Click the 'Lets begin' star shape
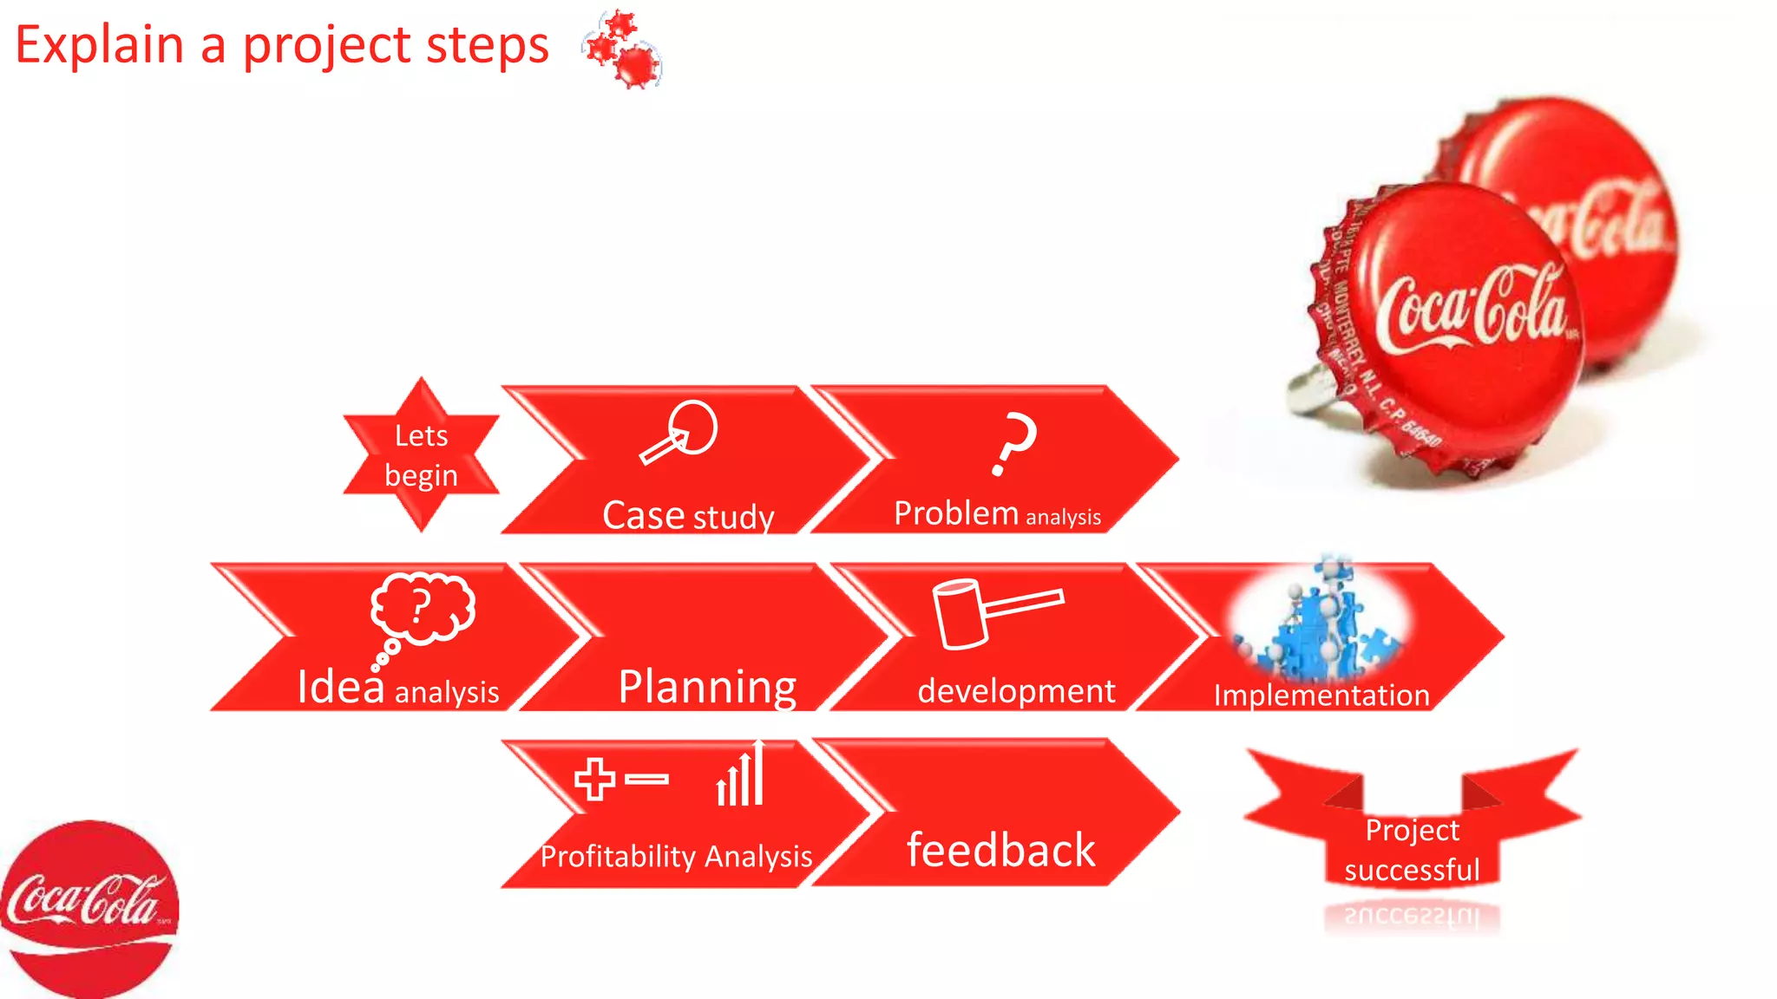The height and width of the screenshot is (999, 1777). click(x=421, y=454)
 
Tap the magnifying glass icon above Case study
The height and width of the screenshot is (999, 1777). click(x=681, y=431)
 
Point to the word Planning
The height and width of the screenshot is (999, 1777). click(x=707, y=687)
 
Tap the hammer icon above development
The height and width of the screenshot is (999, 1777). click(x=989, y=612)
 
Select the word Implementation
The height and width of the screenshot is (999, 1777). click(x=1321, y=695)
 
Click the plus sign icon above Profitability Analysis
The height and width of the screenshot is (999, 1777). click(x=595, y=779)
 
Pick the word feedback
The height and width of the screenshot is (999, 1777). click(x=1000, y=850)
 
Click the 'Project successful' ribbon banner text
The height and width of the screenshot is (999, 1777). click(x=1412, y=850)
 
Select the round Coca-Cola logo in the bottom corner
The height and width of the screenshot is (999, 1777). click(x=87, y=906)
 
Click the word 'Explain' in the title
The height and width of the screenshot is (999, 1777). click(x=100, y=45)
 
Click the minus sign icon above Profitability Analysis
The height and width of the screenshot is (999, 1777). click(x=646, y=779)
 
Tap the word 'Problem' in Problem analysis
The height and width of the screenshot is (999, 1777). click(x=955, y=513)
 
